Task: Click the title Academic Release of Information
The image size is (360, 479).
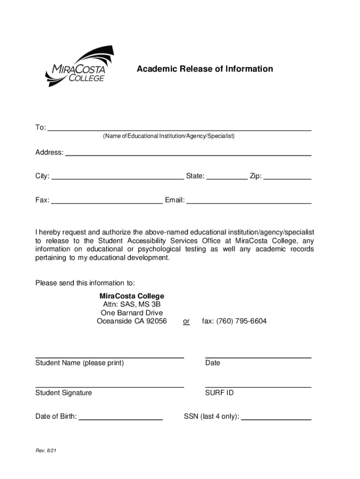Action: pyautogui.click(x=204, y=69)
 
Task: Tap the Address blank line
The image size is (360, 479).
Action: pyautogui.click(x=188, y=152)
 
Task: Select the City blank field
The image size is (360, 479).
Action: pyautogui.click(x=117, y=177)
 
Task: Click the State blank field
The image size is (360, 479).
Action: pyautogui.click(x=227, y=177)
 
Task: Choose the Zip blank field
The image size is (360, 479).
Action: pyautogui.click(x=288, y=177)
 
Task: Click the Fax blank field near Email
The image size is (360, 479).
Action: pyautogui.click(x=107, y=201)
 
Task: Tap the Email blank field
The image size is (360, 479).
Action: pyautogui.click(x=249, y=201)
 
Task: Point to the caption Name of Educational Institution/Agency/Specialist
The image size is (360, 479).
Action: pyautogui.click(x=169, y=136)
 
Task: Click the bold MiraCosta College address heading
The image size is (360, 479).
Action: pyautogui.click(x=132, y=296)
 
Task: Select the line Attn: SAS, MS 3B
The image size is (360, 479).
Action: pyautogui.click(x=132, y=305)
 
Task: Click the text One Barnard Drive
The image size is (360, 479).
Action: pyautogui.click(x=132, y=313)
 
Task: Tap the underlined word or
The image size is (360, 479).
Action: pyautogui.click(x=186, y=321)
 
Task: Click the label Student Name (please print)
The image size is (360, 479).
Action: pyautogui.click(x=79, y=363)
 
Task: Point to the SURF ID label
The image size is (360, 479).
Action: pyautogui.click(x=219, y=393)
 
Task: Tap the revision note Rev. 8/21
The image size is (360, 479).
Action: pyautogui.click(x=46, y=451)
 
